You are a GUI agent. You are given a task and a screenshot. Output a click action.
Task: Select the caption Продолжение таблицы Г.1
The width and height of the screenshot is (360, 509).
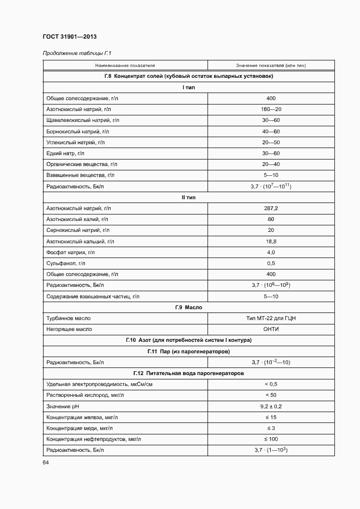click(73, 53)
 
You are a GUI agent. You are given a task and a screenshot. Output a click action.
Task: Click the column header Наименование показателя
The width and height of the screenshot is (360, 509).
click(124, 65)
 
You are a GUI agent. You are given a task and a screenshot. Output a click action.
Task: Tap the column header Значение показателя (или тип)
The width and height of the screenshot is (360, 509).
click(271, 65)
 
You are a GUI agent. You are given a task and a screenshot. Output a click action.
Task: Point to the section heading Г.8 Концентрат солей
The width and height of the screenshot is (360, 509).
click(188, 76)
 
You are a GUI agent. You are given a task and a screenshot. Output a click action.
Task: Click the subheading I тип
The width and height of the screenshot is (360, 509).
click(188, 87)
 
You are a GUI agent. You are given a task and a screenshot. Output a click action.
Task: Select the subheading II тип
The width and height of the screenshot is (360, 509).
click(188, 197)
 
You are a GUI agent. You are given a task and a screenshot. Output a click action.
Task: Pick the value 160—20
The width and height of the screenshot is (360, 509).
click(271, 109)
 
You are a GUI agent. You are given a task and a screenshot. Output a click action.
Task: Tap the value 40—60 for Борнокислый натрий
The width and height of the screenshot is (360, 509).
click(271, 131)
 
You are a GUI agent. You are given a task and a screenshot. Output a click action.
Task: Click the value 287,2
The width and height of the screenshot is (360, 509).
click(271, 208)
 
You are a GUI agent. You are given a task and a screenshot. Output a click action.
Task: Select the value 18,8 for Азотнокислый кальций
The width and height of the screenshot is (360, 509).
click(271, 241)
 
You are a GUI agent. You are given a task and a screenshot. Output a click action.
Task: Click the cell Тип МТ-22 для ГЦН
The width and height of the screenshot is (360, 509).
click(271, 318)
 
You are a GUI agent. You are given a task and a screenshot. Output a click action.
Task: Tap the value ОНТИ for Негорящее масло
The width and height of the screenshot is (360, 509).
click(271, 329)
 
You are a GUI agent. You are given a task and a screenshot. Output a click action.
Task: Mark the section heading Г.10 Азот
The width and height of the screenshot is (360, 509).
click(188, 340)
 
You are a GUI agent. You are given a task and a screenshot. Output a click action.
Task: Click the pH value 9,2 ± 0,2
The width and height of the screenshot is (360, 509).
click(271, 406)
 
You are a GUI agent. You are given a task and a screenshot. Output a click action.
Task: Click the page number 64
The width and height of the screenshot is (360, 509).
click(46, 462)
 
